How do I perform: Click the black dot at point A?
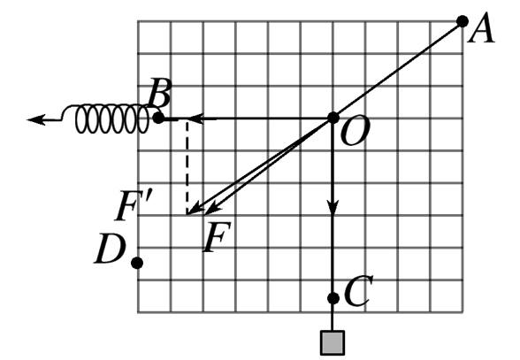tap(463, 21)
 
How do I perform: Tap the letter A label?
tap(481, 28)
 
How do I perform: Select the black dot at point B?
tap(159, 118)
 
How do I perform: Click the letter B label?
tap(160, 93)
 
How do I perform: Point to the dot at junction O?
tap(333, 118)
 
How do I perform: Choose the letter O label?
tap(355, 132)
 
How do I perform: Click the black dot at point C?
tap(333, 298)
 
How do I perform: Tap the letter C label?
tap(358, 290)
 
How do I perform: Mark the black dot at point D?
tap(137, 263)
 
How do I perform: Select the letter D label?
tap(110, 249)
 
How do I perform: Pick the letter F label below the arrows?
tap(217, 236)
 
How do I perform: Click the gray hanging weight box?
tap(333, 342)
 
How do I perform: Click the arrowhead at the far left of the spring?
tap(35, 119)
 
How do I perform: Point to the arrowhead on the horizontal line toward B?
tap(196, 119)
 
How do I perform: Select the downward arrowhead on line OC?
tap(333, 206)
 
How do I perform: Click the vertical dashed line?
tap(187, 167)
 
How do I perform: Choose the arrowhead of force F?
tap(212, 209)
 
